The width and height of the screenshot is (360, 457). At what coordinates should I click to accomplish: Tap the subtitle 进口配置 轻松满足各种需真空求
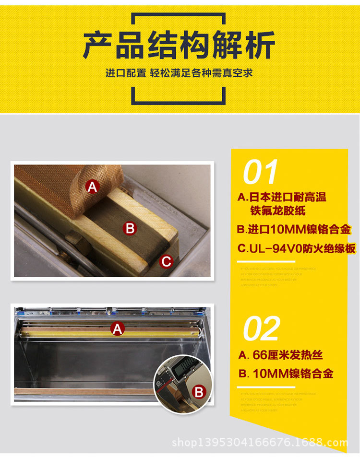click(x=179, y=73)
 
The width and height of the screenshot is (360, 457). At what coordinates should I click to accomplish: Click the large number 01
click(x=261, y=172)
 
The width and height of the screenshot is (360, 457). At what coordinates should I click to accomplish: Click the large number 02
click(x=262, y=328)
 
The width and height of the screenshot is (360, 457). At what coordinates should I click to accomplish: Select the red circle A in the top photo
click(x=92, y=187)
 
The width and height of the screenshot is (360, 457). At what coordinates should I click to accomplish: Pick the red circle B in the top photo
click(x=130, y=228)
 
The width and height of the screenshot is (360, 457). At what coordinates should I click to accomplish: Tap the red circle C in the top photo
click(x=166, y=261)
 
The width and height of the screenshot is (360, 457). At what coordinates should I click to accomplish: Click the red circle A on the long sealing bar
click(x=117, y=328)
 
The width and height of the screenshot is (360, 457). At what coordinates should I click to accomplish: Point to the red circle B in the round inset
click(x=198, y=392)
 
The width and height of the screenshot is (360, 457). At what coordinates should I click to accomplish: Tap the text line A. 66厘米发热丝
click(x=280, y=355)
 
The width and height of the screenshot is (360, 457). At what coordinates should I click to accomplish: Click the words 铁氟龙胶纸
click(x=277, y=211)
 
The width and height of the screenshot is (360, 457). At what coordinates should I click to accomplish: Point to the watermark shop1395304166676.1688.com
click(x=260, y=442)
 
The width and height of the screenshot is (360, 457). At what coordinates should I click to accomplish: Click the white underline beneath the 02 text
click(x=266, y=387)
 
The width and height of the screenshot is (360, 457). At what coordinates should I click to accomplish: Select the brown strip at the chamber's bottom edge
click(x=82, y=391)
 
